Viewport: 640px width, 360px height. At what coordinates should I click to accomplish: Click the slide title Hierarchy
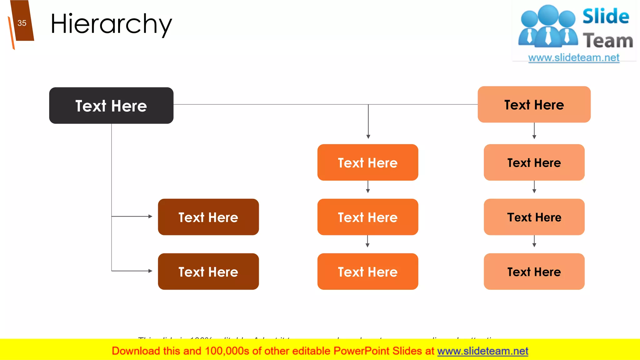coord(111,24)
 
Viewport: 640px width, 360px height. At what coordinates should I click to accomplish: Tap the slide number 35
coord(22,23)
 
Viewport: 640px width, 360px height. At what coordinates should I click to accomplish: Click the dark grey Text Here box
coord(111,106)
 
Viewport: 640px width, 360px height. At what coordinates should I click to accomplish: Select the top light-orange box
coord(534,105)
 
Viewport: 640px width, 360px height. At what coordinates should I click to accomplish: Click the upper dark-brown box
coord(208,217)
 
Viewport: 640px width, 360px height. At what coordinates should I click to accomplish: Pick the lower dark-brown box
coord(208,272)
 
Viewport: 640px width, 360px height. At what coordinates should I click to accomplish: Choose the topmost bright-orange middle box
coord(367,162)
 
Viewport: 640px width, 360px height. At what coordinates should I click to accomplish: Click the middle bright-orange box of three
coord(367,217)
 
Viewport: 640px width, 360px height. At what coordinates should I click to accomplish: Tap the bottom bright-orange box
coord(367,272)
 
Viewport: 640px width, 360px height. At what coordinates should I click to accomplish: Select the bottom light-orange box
coord(534,272)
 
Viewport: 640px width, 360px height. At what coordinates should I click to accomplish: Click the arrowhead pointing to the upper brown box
coord(150,216)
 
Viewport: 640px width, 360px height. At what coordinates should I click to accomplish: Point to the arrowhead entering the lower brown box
coord(150,271)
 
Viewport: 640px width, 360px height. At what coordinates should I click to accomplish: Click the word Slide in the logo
coord(606,17)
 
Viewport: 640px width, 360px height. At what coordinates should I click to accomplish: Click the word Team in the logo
coord(608,41)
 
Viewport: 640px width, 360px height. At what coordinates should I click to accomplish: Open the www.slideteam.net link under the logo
coord(573,58)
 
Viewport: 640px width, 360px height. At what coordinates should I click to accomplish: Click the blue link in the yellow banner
coord(482,351)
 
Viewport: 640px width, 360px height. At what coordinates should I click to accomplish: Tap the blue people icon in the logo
coord(548,27)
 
